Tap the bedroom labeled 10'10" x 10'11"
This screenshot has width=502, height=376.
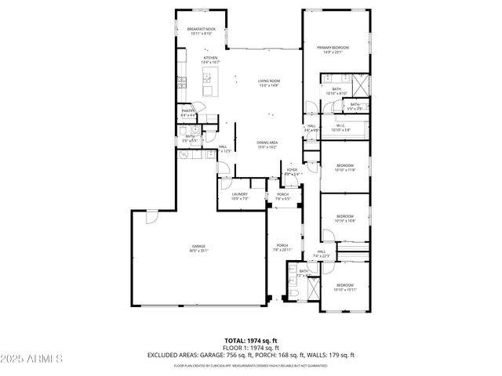(x=345, y=287)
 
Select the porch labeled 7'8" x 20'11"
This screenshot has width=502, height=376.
(x=282, y=248)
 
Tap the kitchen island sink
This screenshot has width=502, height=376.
(x=210, y=78)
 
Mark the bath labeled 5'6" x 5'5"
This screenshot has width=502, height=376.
(x=190, y=138)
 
